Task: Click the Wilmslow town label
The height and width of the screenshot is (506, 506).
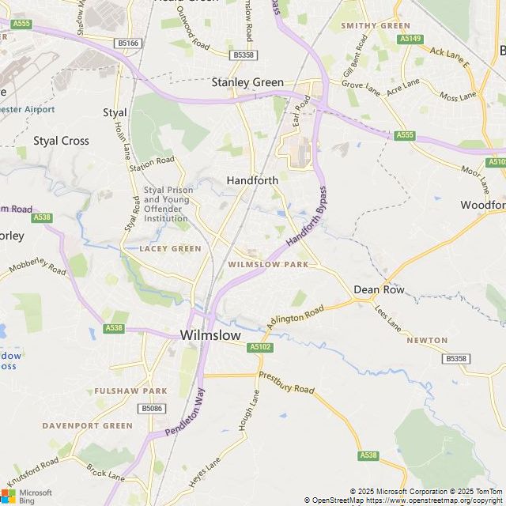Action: tap(210, 335)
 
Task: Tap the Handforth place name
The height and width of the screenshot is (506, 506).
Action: tap(252, 180)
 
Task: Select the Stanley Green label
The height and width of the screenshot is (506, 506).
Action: tap(247, 81)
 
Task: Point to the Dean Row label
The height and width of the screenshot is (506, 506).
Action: tap(379, 289)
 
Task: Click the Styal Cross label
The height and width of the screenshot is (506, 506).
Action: tap(61, 141)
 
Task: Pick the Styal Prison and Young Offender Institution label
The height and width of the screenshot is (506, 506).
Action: tap(168, 204)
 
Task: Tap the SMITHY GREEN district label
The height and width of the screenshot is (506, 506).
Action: tap(376, 25)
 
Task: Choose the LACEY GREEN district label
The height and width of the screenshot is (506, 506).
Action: tap(170, 248)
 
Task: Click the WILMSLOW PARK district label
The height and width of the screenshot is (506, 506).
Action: tap(268, 264)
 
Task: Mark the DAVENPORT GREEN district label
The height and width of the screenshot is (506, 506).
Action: tap(88, 425)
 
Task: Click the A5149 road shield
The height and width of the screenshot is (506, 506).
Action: tap(410, 38)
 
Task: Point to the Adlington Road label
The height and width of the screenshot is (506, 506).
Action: tap(295, 319)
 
